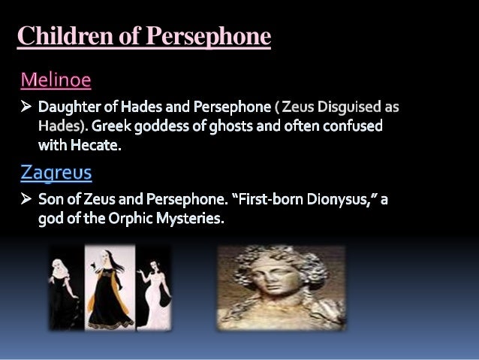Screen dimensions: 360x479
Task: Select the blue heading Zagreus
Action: pos(56,173)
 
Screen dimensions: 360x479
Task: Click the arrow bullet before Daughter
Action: pos(25,107)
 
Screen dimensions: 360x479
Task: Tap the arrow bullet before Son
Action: pos(25,201)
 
